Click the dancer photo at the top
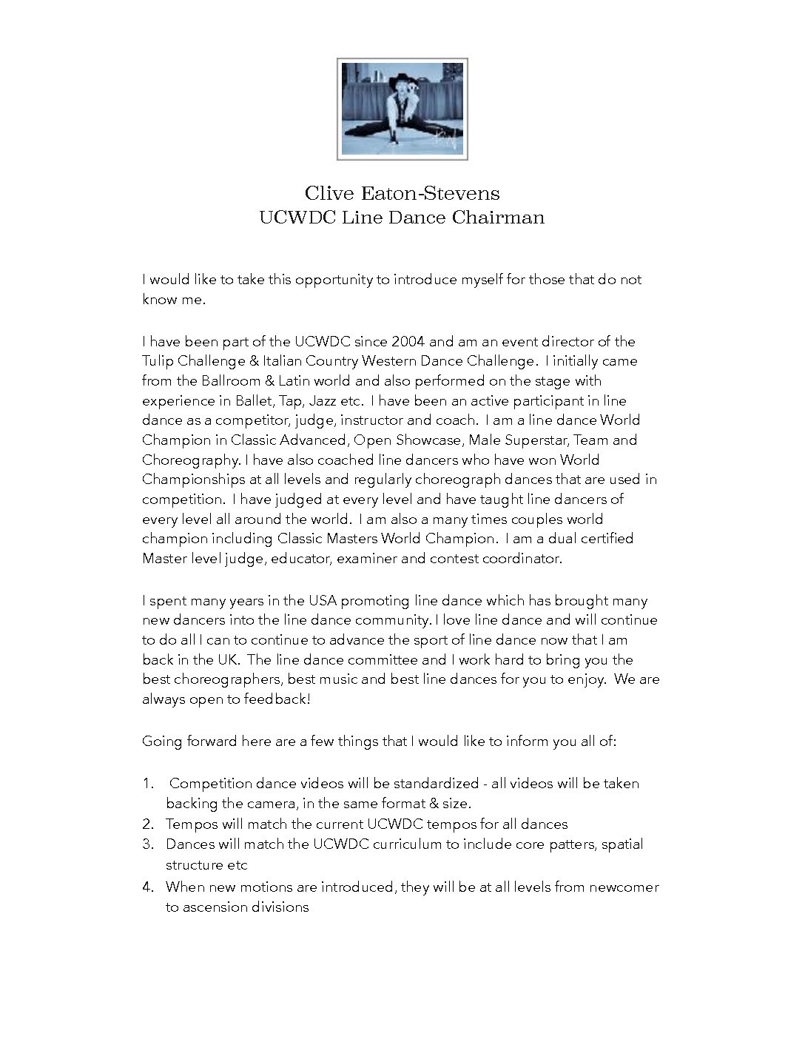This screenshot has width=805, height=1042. [402, 109]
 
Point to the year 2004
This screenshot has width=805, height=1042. [409, 342]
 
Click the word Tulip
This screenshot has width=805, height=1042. [158, 361]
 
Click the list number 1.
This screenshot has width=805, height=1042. [147, 784]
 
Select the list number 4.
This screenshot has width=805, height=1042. [148, 887]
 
